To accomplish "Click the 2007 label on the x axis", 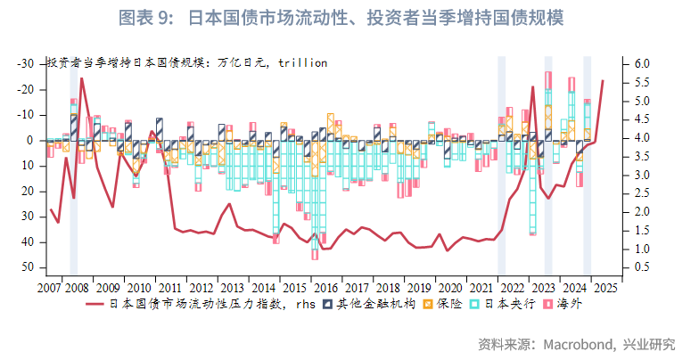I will [x=50, y=288].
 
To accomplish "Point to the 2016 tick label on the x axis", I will [x=327, y=288].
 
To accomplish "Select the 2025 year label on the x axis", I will [x=604, y=288].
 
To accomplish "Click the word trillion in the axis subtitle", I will [x=302, y=63].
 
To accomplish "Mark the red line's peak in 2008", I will [x=82, y=78].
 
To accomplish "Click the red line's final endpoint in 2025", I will [x=603, y=81].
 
